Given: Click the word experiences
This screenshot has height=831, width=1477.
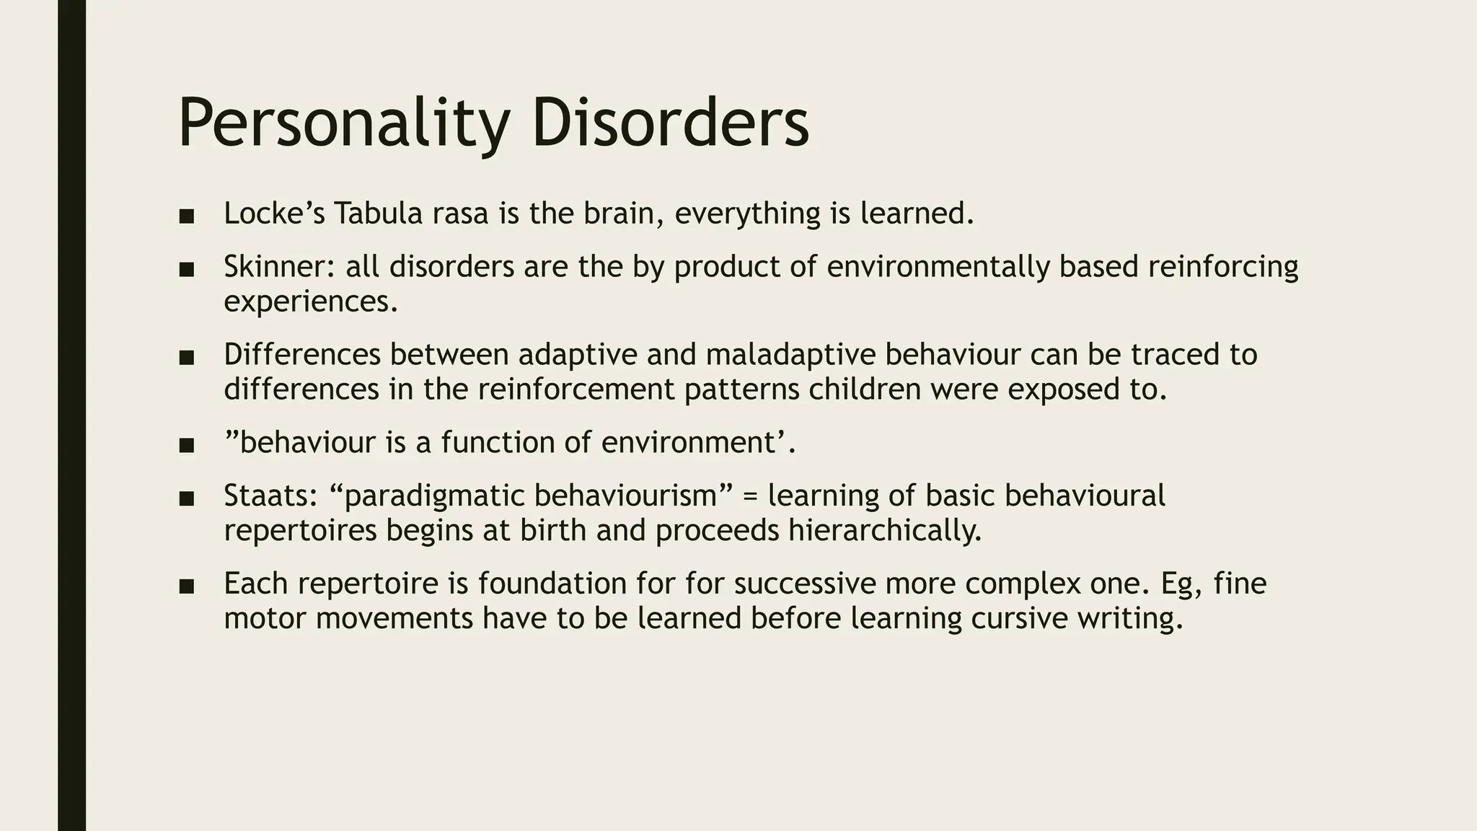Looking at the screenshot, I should pos(310,302).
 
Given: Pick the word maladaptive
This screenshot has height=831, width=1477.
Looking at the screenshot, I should pos(790,355).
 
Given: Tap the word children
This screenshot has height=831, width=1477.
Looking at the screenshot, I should pos(865,390).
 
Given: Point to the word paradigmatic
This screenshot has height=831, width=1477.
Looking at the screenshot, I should pos(435,496).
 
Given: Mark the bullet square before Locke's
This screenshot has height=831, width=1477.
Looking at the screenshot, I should pos(186,216).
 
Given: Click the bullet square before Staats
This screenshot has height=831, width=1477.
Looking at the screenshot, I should pos(186,498).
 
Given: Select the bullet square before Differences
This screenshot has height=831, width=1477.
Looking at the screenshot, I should pos(186,357).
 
